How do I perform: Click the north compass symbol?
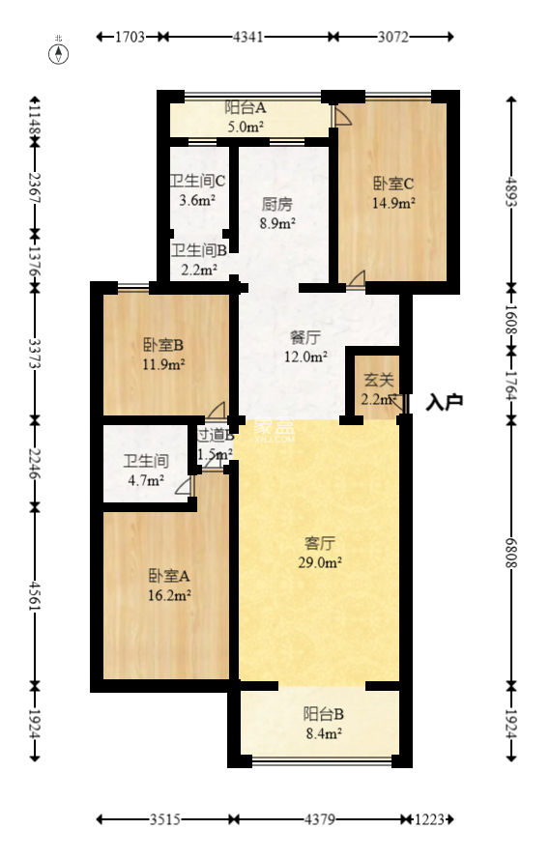pyautogui.click(x=60, y=52)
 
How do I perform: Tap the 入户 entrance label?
pyautogui.click(x=445, y=401)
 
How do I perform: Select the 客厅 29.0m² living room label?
pyautogui.click(x=318, y=552)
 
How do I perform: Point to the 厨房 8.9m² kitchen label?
pyautogui.click(x=277, y=213)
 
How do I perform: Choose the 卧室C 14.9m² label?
pyautogui.click(x=393, y=192)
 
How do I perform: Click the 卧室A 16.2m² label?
pyautogui.click(x=169, y=585)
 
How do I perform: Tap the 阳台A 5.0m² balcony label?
pyautogui.click(x=246, y=117)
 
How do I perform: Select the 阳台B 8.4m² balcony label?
pyautogui.click(x=323, y=723)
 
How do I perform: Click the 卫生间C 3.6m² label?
pyautogui.click(x=197, y=190)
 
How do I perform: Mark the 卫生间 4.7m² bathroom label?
pyautogui.click(x=144, y=471)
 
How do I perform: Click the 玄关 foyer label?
pyautogui.click(x=377, y=390)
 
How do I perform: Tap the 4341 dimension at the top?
pyautogui.click(x=247, y=38)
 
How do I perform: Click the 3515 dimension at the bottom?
pyautogui.click(x=165, y=819)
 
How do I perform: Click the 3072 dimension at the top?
pyautogui.click(x=393, y=38)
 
